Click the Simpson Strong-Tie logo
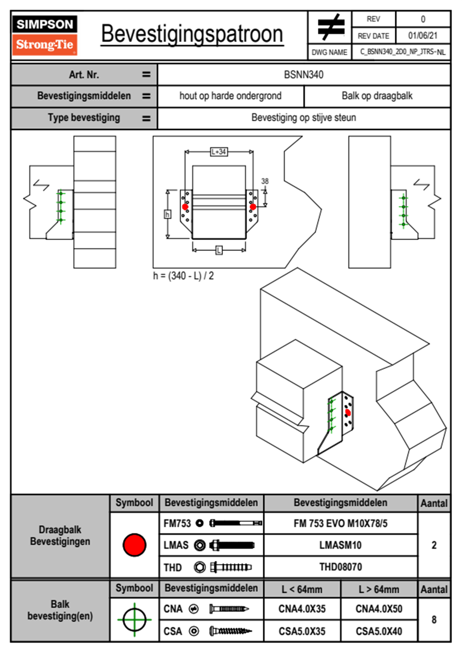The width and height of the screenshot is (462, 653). (45, 35)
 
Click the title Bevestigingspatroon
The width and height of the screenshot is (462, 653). (192, 34)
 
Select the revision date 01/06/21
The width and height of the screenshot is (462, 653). (422, 36)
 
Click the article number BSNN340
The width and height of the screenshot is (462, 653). (304, 75)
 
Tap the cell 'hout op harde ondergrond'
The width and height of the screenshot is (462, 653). (230, 96)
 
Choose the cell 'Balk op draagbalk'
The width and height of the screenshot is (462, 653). (377, 96)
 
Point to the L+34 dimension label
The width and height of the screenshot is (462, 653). (219, 151)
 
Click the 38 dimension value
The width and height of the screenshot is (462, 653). (265, 181)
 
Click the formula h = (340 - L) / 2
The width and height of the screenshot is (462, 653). (183, 276)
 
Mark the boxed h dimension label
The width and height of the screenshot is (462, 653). (167, 214)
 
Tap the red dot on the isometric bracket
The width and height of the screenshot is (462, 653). (348, 412)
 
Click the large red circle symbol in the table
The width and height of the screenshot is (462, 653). (134, 545)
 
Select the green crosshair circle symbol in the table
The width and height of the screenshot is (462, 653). (134, 620)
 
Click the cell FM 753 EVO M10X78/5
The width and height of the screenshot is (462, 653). (340, 523)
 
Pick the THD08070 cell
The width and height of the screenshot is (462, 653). (340, 567)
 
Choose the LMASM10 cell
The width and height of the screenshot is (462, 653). (340, 545)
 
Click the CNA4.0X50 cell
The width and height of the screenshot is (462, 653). (379, 609)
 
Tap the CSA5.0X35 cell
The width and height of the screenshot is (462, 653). (302, 631)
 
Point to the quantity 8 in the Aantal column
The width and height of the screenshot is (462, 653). (434, 620)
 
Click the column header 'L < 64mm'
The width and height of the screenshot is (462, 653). (302, 589)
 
